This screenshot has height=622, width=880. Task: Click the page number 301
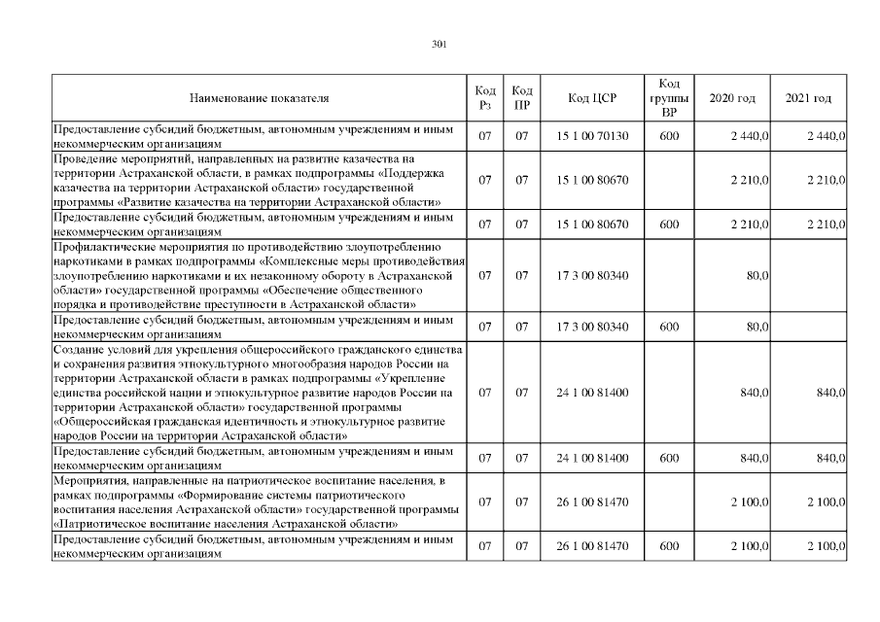[x=439, y=43]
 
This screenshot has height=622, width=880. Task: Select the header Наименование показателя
[x=260, y=98]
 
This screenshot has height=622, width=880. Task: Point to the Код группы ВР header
[x=668, y=98]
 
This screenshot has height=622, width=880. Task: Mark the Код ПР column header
[x=522, y=98]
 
